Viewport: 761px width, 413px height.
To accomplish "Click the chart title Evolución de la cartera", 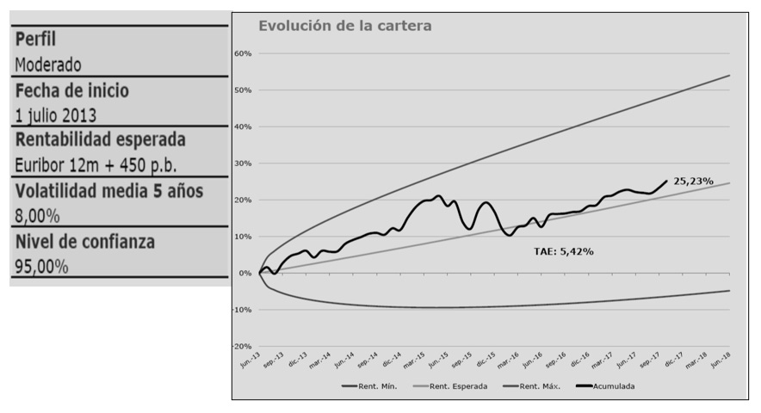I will [x=345, y=26].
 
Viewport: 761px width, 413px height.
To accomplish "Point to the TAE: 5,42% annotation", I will [x=563, y=251].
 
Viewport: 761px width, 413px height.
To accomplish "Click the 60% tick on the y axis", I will [x=242, y=53].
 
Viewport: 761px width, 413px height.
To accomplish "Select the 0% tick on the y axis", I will [x=244, y=274].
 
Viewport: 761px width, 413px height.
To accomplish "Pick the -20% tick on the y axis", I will [x=241, y=347].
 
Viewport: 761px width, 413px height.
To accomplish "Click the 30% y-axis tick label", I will [x=242, y=163].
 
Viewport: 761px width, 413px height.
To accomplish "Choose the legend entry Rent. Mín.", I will [x=373, y=386].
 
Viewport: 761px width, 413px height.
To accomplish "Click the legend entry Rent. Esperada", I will [x=457, y=386].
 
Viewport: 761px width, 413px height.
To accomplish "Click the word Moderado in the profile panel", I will [x=48, y=65].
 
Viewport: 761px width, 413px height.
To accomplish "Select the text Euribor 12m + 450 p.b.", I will [x=96, y=165].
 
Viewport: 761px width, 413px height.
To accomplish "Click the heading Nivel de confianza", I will [x=84, y=242].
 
